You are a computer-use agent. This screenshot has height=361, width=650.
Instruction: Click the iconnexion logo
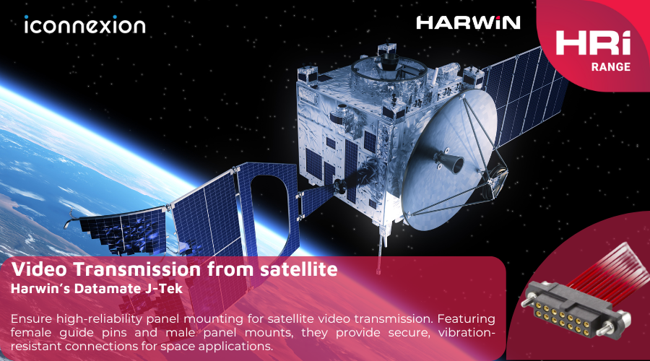(x=85, y=25)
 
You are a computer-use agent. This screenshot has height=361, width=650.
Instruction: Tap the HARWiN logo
(x=468, y=23)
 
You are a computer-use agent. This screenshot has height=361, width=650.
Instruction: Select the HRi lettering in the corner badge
(x=593, y=43)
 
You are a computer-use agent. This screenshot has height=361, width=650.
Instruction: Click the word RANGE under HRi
(x=610, y=66)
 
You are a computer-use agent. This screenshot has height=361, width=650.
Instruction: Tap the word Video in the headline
(x=39, y=269)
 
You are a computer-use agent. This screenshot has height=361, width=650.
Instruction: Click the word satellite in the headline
(x=298, y=269)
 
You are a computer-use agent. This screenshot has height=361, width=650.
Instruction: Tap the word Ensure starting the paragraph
(x=32, y=318)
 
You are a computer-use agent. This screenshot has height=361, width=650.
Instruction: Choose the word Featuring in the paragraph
(x=467, y=318)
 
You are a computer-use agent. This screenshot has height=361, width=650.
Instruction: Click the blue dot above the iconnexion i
(x=27, y=17)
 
